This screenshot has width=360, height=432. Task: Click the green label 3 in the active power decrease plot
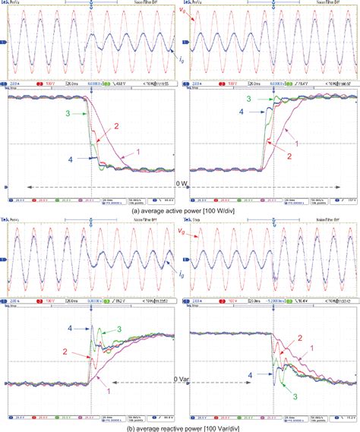tap(68, 113)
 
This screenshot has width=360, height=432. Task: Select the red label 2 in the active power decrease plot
tap(116, 127)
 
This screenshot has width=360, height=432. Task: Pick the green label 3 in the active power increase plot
tap(248, 99)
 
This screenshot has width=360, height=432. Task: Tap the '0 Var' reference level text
tap(179, 378)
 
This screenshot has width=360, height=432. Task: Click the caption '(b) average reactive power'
tap(179, 427)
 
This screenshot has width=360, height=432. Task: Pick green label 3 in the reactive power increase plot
tap(120, 330)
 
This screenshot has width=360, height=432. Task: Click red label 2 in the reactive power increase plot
tap(67, 352)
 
